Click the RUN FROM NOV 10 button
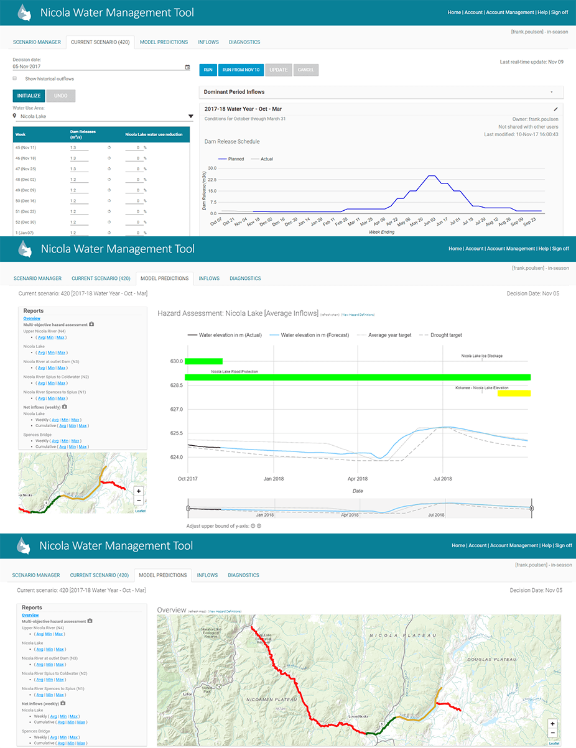click(x=241, y=70)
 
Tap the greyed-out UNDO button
click(x=60, y=96)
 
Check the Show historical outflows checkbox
click(x=15, y=79)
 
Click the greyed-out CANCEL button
click(x=305, y=70)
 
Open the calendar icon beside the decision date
click(x=187, y=67)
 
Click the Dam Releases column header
click(x=81, y=134)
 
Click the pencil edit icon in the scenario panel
click(x=555, y=109)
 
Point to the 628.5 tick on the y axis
click(x=177, y=386)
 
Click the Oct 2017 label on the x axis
click(x=187, y=479)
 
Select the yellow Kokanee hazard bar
click(x=513, y=393)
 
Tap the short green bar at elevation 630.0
click(x=203, y=361)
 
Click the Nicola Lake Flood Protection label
click(x=235, y=372)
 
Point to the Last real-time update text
click(x=531, y=62)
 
